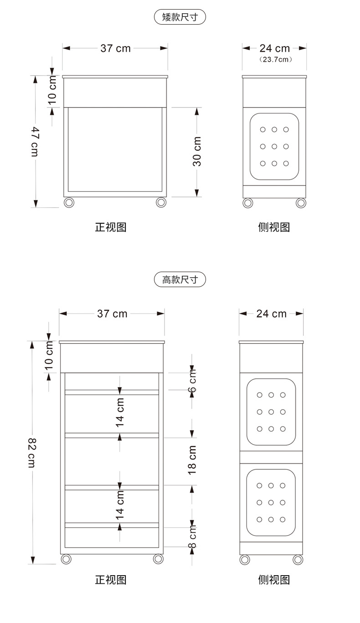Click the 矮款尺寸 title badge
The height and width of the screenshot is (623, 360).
(180, 17)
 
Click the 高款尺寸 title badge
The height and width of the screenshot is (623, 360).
(180, 279)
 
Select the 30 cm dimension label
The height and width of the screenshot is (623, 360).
(197, 151)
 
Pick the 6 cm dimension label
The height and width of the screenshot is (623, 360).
(192, 383)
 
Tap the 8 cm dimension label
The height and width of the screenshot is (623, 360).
(192, 536)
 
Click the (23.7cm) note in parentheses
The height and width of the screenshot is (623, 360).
(275, 59)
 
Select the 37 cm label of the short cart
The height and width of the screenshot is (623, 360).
(115, 48)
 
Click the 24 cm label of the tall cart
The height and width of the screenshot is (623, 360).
(271, 314)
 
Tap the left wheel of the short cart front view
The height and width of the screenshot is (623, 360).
(69, 202)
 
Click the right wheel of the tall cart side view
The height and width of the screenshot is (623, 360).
(298, 559)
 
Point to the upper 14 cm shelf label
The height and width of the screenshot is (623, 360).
(120, 412)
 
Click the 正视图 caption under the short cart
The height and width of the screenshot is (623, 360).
(110, 227)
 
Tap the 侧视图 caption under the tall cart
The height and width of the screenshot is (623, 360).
(274, 580)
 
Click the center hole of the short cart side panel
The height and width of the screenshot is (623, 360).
(274, 146)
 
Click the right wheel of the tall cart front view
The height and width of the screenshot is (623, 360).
(158, 559)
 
